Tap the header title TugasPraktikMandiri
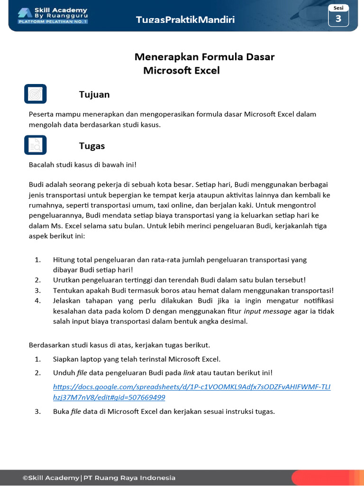click(185, 19)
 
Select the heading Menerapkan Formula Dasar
click(204, 57)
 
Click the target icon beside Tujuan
click(35, 94)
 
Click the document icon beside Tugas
click(35, 145)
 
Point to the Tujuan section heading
click(94, 94)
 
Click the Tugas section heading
click(92, 146)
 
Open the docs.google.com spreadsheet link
click(191, 392)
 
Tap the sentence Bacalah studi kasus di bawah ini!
click(82, 165)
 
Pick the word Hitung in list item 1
click(64, 260)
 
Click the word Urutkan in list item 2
click(66, 280)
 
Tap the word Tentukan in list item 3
click(67, 290)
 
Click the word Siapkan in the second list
click(66, 359)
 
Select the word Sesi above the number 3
click(338, 8)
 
